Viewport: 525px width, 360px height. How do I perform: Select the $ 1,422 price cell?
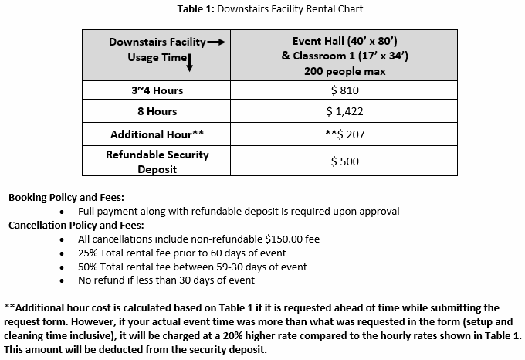(344, 112)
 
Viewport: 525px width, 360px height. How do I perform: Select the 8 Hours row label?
(157, 112)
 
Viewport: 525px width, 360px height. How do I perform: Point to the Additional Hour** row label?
(157, 134)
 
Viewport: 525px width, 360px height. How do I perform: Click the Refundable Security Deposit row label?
(157, 161)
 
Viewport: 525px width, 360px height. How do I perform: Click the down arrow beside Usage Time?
(189, 63)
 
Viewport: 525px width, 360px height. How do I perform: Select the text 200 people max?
(344, 70)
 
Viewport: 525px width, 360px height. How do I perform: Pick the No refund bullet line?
(166, 280)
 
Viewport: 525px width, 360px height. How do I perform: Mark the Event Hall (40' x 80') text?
(344, 42)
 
